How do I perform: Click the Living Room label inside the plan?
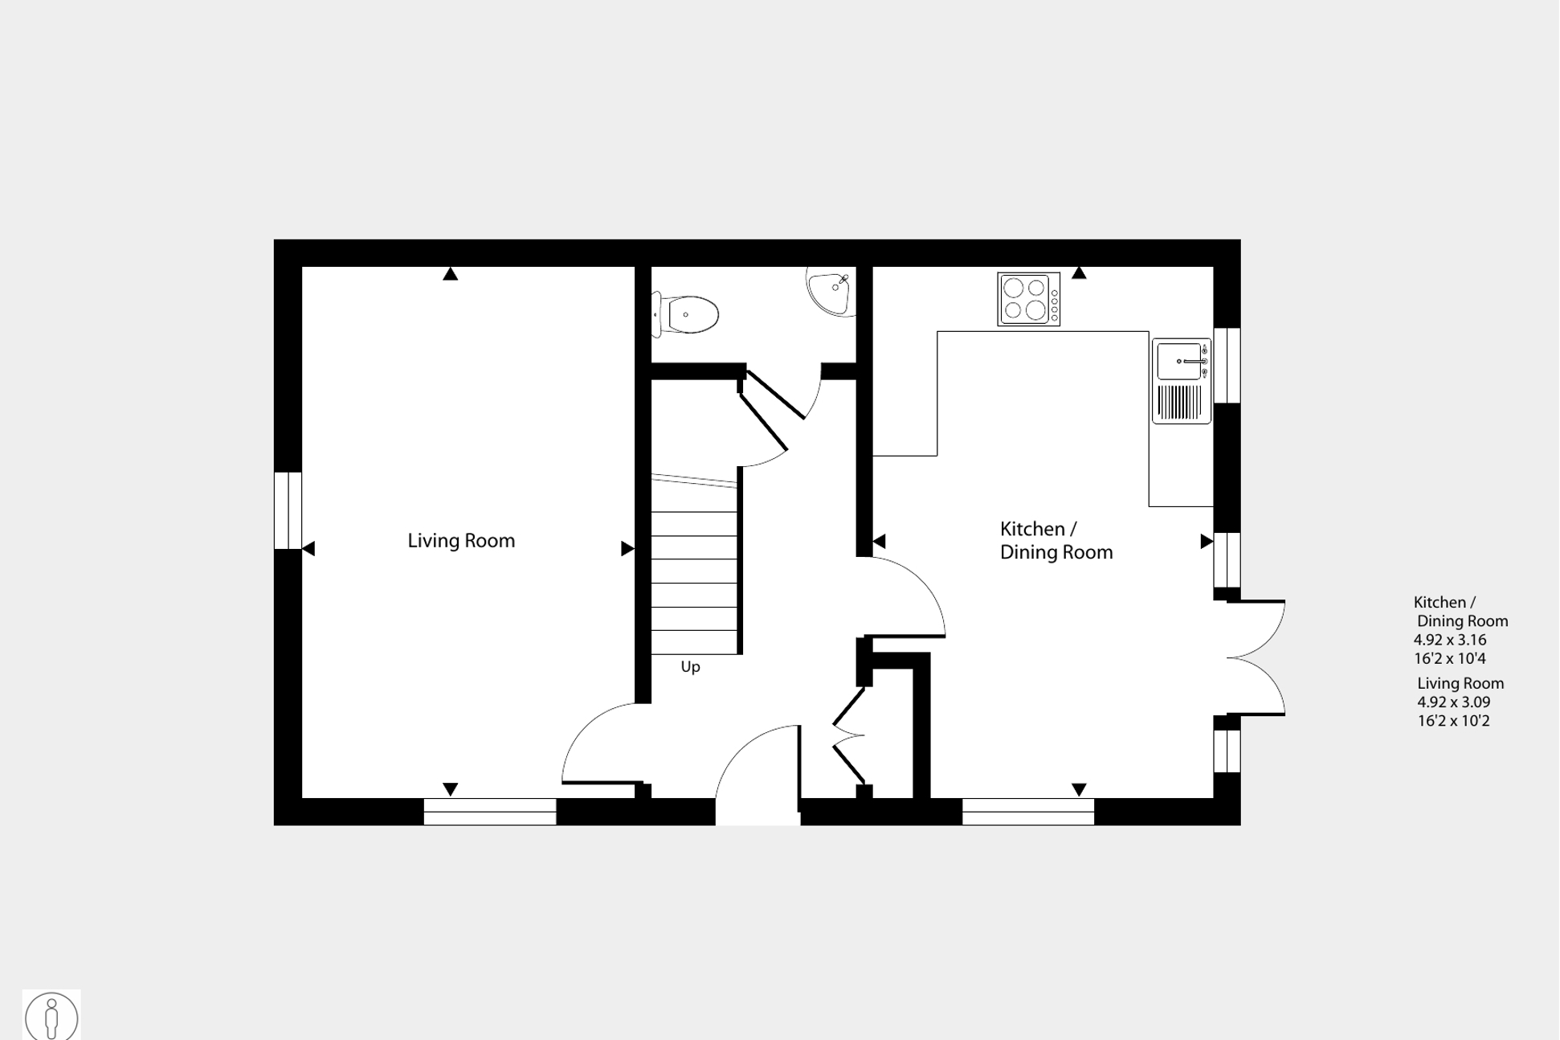pyautogui.click(x=461, y=541)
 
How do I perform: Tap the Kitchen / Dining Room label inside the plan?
pyautogui.click(x=1056, y=541)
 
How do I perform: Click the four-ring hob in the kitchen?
pyautogui.click(x=1029, y=300)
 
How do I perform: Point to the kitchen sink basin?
pyautogui.click(x=1179, y=362)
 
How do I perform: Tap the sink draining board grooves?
pyautogui.click(x=1180, y=402)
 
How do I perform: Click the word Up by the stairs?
pyautogui.click(x=691, y=667)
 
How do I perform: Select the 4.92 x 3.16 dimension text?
pyautogui.click(x=1450, y=641)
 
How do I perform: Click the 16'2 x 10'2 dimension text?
pyautogui.click(x=1453, y=721)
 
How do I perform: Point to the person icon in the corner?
pyautogui.click(x=52, y=1017)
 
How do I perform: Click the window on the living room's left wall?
pyautogui.click(x=288, y=510)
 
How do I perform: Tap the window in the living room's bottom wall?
pyautogui.click(x=490, y=812)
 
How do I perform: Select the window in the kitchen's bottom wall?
pyautogui.click(x=1028, y=812)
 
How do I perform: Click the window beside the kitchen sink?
pyautogui.click(x=1227, y=365)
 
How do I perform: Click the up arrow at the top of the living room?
pyautogui.click(x=451, y=274)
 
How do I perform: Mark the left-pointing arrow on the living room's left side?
pyautogui.click(x=308, y=549)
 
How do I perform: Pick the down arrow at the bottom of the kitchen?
pyautogui.click(x=1079, y=790)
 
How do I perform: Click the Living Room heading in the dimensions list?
pyautogui.click(x=1460, y=683)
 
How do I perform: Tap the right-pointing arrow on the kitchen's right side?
pyautogui.click(x=1207, y=542)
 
